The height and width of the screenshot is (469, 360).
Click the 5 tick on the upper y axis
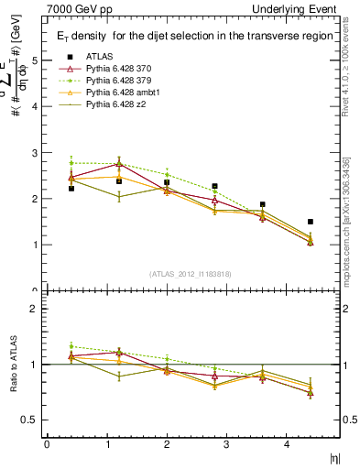(x=35, y=60)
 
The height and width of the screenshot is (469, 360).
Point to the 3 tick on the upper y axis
(x=35, y=153)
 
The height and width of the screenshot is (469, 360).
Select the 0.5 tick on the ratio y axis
(x=32, y=420)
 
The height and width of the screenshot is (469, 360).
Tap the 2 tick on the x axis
(x=167, y=444)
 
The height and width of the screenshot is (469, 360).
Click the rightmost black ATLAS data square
(x=311, y=222)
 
